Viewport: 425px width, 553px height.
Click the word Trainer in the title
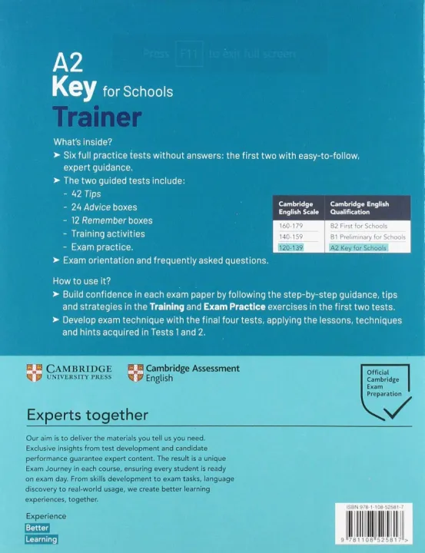pyautogui.click(x=96, y=118)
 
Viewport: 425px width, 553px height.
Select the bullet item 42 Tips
pyautogui.click(x=86, y=194)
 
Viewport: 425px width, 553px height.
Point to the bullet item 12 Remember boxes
pyautogui.click(x=112, y=220)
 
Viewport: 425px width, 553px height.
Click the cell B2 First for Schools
pyautogui.click(x=358, y=226)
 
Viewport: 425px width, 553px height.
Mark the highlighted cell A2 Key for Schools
pyautogui.click(x=358, y=248)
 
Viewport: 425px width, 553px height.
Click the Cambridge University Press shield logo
pyautogui.click(x=34, y=373)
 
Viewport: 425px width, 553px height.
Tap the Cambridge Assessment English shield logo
pyautogui.click(x=135, y=373)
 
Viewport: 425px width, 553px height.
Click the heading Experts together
pyautogui.click(x=88, y=416)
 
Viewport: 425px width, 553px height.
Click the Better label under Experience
pyautogui.click(x=37, y=528)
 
